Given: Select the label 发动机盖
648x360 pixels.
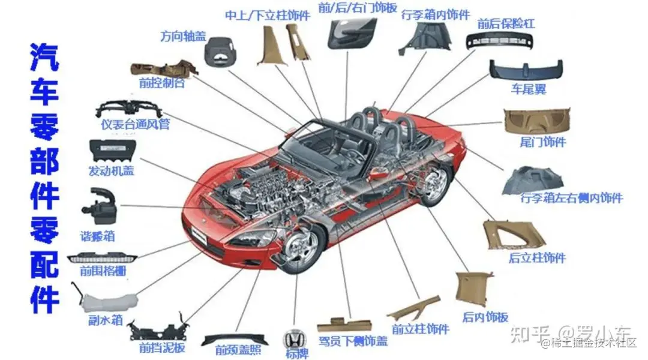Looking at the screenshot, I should (x=111, y=170).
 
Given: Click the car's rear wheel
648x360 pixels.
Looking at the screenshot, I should (x=434, y=180).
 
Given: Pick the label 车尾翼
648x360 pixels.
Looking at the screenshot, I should (x=528, y=89).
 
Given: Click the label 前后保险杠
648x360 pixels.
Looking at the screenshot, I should (x=506, y=24).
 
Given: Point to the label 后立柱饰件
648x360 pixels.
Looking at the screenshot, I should (x=537, y=258).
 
